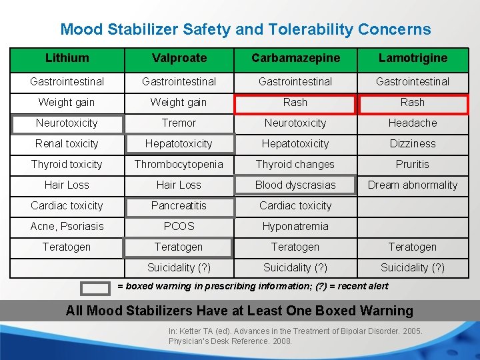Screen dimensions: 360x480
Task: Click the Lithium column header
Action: (x=67, y=58)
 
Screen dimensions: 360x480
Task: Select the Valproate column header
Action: (x=179, y=58)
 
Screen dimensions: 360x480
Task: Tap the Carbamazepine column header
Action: (x=295, y=58)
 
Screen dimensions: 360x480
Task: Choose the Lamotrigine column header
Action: (x=413, y=58)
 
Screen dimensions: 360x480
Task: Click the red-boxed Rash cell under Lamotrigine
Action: (x=413, y=103)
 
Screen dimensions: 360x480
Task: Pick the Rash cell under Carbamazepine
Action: (x=295, y=103)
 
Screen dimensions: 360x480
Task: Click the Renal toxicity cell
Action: (x=67, y=144)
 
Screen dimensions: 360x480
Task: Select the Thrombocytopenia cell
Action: (x=179, y=165)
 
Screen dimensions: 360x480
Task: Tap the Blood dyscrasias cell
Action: (x=295, y=185)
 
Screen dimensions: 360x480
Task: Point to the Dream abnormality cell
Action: (x=413, y=185)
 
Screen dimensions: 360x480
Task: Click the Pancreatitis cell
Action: (x=179, y=206)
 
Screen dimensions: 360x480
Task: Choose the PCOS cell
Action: (x=179, y=227)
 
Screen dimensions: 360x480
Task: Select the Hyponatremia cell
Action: (x=295, y=227)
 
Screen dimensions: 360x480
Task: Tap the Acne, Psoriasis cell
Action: (x=67, y=227)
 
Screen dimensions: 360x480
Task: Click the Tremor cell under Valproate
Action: (x=179, y=123)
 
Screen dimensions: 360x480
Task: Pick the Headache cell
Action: (x=413, y=123)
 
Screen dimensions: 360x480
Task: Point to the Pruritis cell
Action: (x=413, y=165)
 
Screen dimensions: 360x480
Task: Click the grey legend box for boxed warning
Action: (x=95, y=287)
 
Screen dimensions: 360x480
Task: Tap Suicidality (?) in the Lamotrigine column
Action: (x=413, y=268)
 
